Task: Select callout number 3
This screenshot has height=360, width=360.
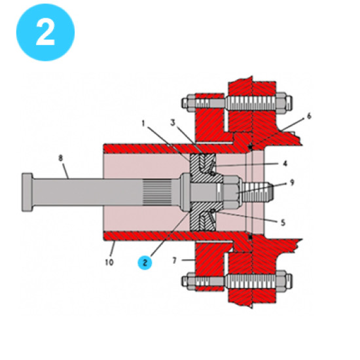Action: [x=173, y=122]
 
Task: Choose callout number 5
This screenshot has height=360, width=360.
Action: [x=283, y=223]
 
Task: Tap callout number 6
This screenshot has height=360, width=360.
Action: [x=310, y=115]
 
